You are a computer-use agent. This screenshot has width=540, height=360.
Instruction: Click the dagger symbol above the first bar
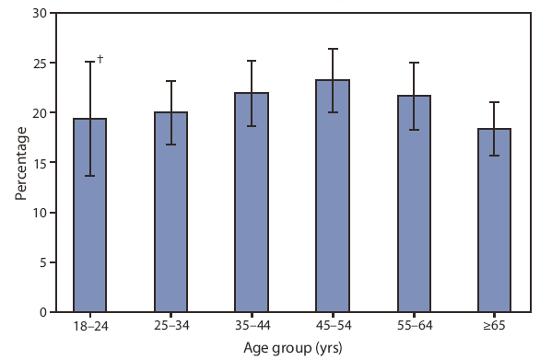pos(100,59)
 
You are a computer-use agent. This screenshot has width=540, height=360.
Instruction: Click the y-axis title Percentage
pos(19,164)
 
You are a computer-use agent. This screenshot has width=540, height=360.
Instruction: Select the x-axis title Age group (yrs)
pos(292,349)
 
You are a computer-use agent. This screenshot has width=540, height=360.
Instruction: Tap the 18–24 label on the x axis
pos(89,327)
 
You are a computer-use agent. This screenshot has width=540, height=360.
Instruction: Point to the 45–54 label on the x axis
pos(333,327)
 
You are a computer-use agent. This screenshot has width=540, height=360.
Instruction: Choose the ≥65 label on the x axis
pos(495,327)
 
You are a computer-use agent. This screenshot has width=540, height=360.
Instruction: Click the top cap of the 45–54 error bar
pos(333,49)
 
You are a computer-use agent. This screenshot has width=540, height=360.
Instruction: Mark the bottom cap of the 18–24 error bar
pos(89,176)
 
